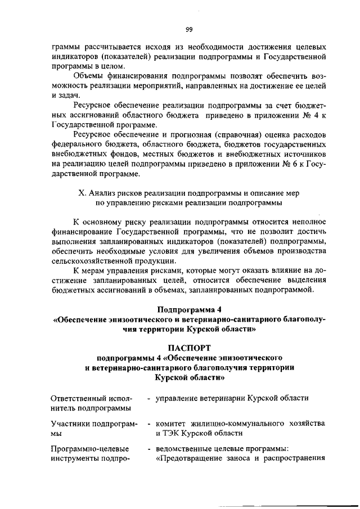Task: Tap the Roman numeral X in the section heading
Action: [80, 192]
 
